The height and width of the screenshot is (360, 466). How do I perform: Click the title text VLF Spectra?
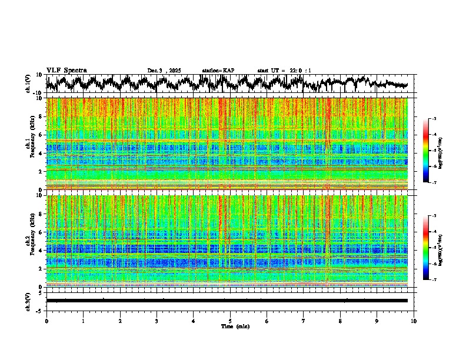coord(66,70)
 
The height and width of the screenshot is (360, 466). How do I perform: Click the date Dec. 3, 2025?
coord(164,71)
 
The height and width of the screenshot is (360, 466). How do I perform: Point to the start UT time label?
coord(284,71)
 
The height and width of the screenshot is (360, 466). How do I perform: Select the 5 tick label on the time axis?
coord(230,321)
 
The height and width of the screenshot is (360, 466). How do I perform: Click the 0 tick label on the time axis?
coord(46,321)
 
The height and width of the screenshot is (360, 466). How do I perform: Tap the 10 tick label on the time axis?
coord(414,321)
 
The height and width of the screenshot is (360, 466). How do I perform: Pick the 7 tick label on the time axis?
coord(304,321)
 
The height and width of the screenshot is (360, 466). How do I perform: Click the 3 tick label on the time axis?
coord(157,321)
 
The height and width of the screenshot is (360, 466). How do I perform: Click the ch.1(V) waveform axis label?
coord(28,84)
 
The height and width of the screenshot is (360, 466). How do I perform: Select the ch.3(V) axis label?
coord(28,300)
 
